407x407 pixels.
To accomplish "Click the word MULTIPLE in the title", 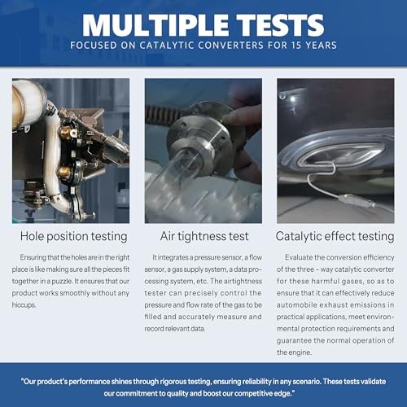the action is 155,25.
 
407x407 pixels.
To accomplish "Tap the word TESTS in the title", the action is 280,25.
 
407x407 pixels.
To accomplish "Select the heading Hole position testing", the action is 74,236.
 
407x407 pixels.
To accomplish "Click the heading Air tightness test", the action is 204,236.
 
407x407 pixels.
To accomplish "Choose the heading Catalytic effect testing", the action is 335,236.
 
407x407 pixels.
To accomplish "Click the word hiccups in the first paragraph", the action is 24,305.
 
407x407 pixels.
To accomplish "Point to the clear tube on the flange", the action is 173,173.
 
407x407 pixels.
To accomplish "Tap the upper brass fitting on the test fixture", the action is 66,133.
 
